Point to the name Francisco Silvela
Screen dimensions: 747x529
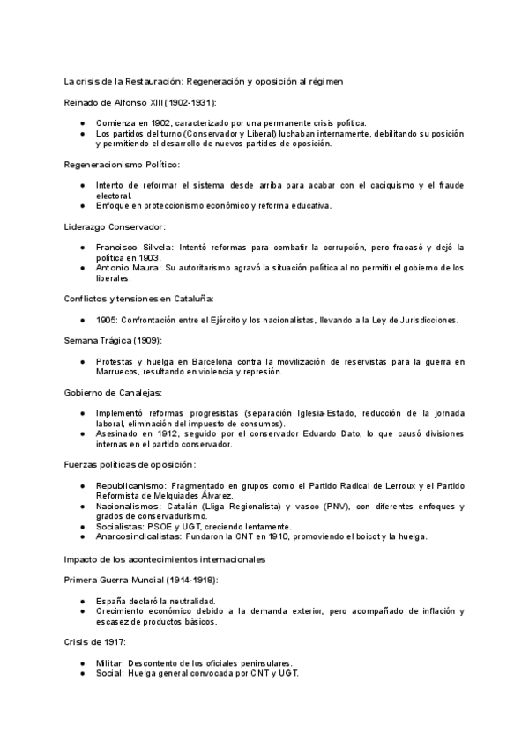click(x=130, y=248)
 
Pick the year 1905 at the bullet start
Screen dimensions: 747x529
click(x=108, y=320)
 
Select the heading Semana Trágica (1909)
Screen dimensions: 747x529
click(x=111, y=340)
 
